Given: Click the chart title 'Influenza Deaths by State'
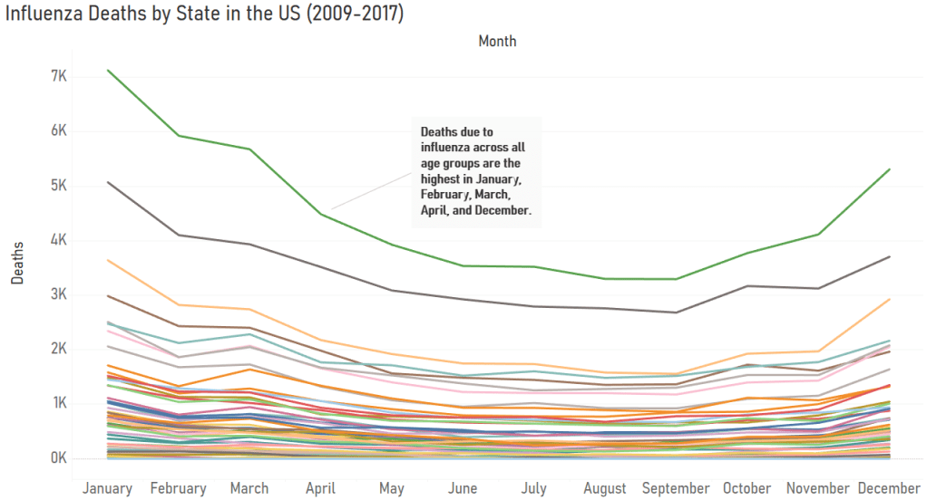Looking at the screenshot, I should click(x=204, y=15).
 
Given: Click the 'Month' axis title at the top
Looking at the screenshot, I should click(x=497, y=41).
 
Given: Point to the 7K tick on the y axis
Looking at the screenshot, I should click(x=59, y=76).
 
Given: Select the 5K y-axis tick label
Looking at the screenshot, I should click(x=59, y=186).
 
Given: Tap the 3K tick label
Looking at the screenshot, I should click(x=59, y=294).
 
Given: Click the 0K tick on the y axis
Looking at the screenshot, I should click(x=59, y=457).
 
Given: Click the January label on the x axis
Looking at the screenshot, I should click(x=108, y=488).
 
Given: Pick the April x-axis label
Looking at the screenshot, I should click(x=320, y=488).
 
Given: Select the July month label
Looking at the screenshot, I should click(x=534, y=488).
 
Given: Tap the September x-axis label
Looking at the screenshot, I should click(x=676, y=488).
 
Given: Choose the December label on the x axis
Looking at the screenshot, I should click(x=889, y=488).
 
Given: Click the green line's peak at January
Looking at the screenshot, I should click(x=108, y=70).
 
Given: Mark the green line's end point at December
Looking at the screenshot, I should click(x=890, y=169).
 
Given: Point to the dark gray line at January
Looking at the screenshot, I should click(x=108, y=182).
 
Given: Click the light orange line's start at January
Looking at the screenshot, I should click(x=108, y=260).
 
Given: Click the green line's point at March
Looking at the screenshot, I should click(x=249, y=149).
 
